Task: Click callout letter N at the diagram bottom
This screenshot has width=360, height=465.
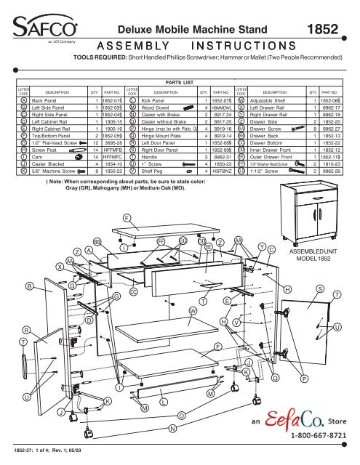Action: point(172,429)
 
